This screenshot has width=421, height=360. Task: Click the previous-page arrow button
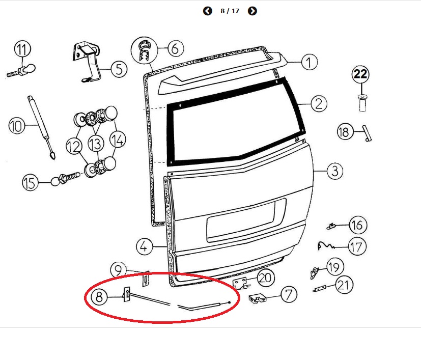[x=208, y=11]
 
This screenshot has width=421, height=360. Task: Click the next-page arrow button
[x=252, y=11]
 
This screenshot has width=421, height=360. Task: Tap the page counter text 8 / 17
[x=230, y=11]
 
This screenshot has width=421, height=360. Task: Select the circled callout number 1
[x=310, y=62]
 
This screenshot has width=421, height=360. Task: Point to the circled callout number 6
[x=176, y=48]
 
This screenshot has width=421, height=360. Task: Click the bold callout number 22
[x=360, y=74]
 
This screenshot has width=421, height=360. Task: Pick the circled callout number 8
[x=99, y=297]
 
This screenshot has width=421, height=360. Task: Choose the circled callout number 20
[x=266, y=278]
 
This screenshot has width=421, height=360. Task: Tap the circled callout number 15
[x=30, y=182]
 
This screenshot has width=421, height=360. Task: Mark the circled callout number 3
[x=335, y=171]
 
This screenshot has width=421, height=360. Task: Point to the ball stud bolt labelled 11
[x=21, y=71]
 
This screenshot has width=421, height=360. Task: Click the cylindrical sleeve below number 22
[x=362, y=103]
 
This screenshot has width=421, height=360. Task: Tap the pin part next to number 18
[x=367, y=133]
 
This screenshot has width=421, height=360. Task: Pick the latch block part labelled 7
[x=258, y=298]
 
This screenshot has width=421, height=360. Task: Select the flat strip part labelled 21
[x=320, y=289]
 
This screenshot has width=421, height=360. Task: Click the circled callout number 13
[x=96, y=144]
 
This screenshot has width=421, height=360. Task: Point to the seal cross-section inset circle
[x=144, y=50]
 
